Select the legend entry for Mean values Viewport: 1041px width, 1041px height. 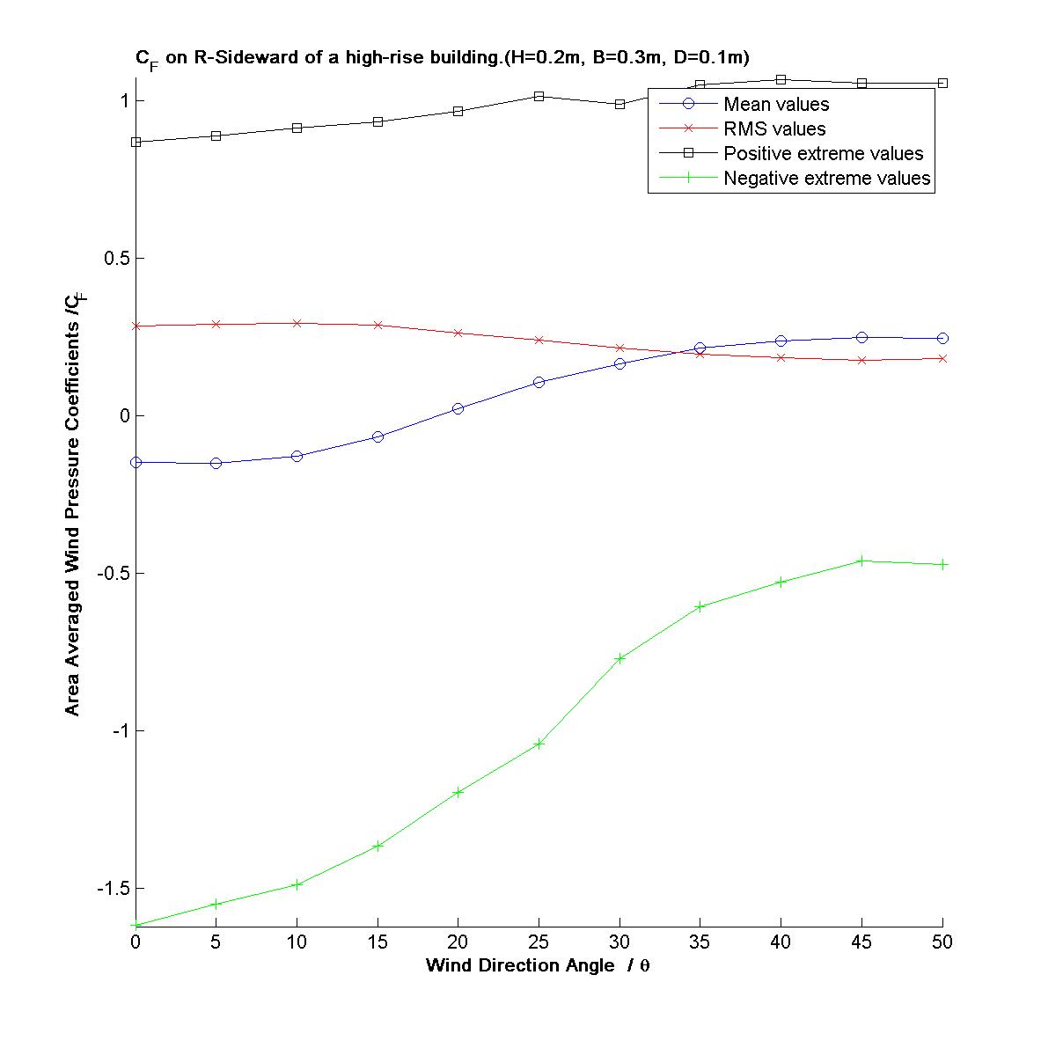pos(776,105)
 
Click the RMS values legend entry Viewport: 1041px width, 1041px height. pos(774,129)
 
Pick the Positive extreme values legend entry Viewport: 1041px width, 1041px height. pos(823,154)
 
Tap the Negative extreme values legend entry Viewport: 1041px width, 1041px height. pos(826,179)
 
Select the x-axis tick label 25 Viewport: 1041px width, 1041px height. pos(539,942)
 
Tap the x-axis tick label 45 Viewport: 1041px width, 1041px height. pos(861,942)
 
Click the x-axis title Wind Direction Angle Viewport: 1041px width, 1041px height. pos(538,965)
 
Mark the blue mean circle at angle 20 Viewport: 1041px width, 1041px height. pos(458,408)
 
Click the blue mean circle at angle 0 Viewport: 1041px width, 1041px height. pos(136,462)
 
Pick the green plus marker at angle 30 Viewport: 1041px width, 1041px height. pos(619,658)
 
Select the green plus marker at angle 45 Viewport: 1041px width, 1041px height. pos(861,561)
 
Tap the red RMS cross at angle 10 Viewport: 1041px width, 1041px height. pos(297,323)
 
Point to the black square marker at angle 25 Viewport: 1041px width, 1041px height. pos(539,96)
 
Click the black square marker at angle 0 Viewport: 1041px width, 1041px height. pos(136,142)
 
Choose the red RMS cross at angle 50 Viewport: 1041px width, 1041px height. pos(942,358)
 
